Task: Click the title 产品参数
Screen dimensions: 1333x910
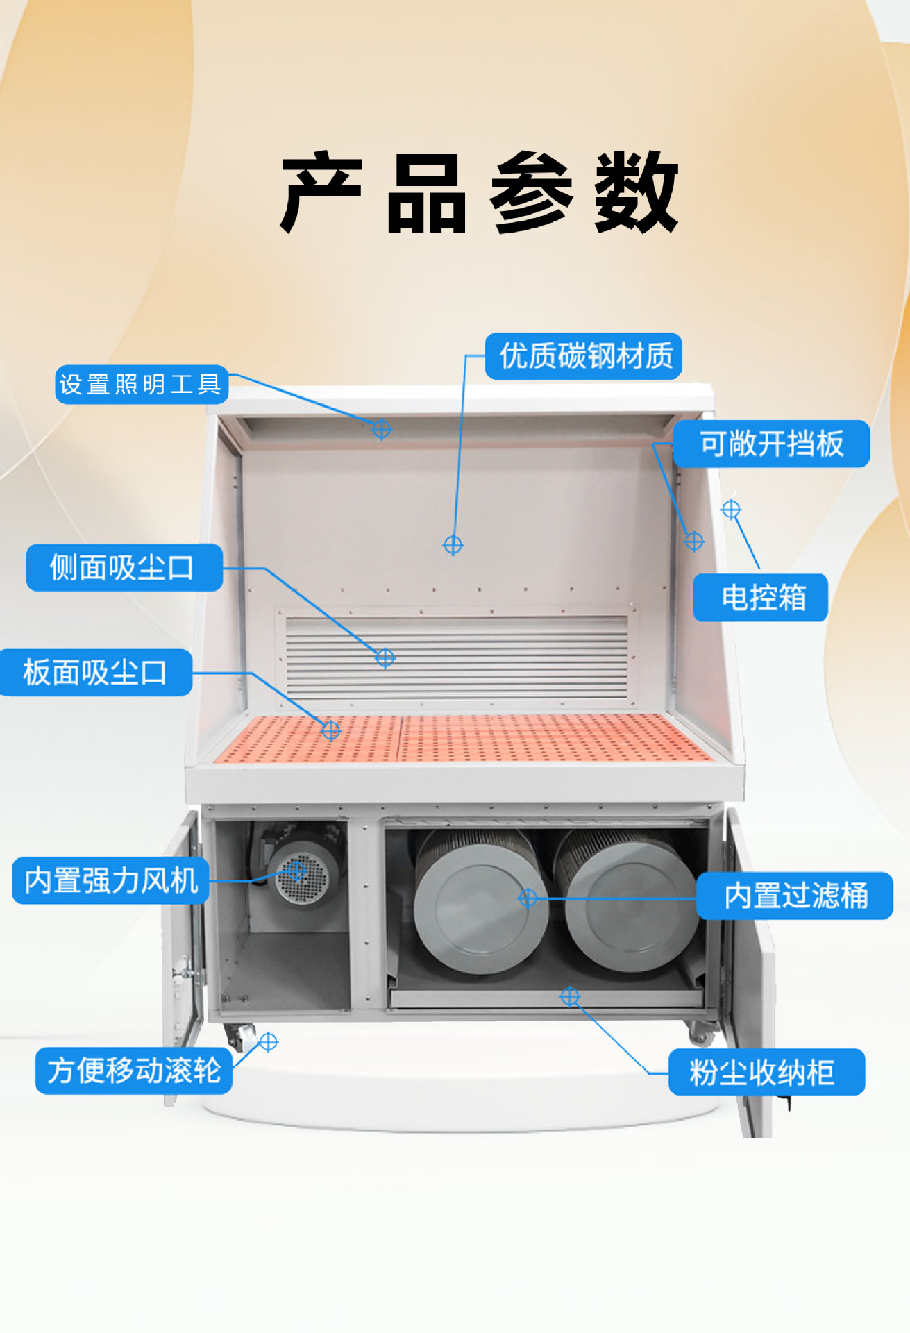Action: tap(479, 192)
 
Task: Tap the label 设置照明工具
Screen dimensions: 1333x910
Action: tap(142, 384)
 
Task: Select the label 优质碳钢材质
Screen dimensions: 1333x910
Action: tap(583, 356)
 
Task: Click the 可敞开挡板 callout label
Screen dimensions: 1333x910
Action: tap(770, 444)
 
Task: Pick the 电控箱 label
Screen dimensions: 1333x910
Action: tap(761, 597)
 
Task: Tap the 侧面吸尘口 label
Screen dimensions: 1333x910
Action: tap(124, 568)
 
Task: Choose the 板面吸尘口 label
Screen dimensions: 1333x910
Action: tap(96, 672)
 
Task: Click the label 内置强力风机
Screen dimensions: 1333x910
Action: tap(111, 880)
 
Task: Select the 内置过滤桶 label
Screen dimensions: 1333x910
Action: tap(795, 896)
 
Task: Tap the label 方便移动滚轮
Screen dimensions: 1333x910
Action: tap(134, 1071)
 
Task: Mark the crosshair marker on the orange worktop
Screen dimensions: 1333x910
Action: tap(330, 730)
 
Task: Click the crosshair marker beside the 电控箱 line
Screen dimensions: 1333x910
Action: tap(731, 510)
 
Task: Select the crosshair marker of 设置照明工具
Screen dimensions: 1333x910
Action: tap(381, 429)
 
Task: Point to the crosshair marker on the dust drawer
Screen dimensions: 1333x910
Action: tap(570, 997)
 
